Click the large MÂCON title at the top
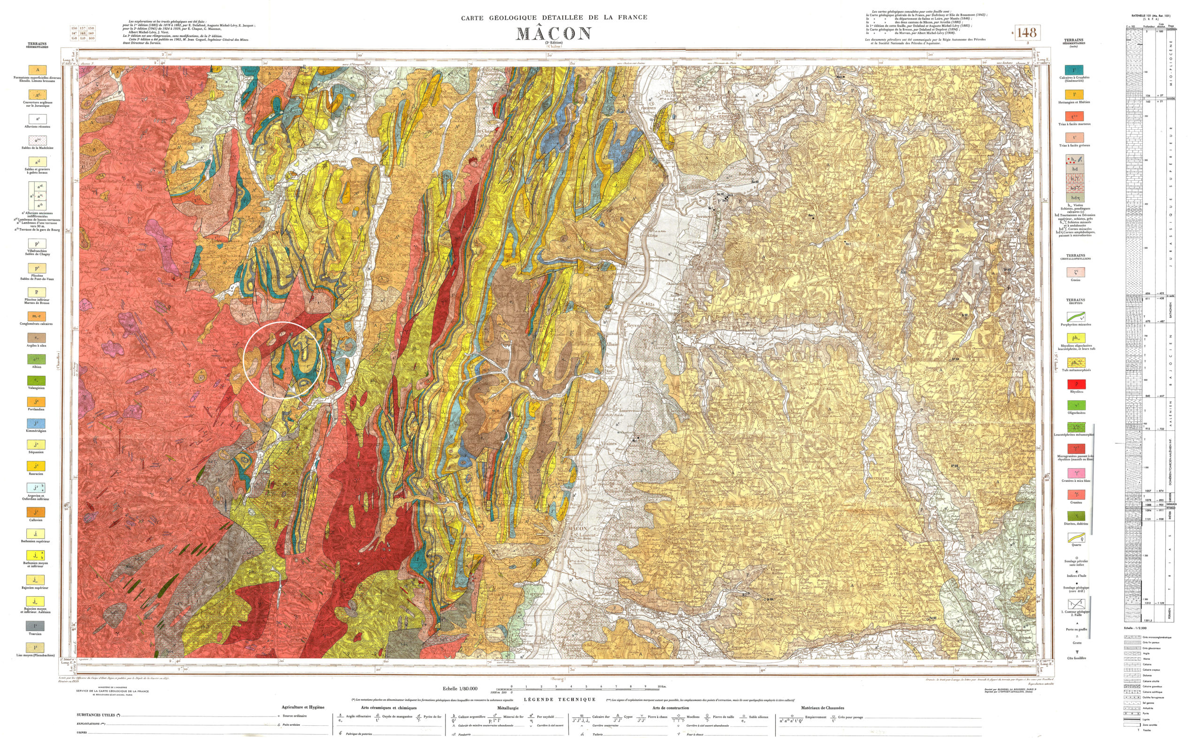click(x=554, y=33)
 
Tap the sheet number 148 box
click(x=1026, y=32)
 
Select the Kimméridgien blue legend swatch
click(x=37, y=423)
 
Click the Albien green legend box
click(x=37, y=359)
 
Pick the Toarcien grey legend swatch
click(x=37, y=626)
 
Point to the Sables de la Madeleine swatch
click(x=37, y=140)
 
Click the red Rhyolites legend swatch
click(x=1076, y=384)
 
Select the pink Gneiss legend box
click(x=1076, y=272)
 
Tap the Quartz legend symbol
click(x=1076, y=538)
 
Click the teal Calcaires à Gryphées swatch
click(x=1074, y=70)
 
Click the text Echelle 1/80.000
click(x=460, y=689)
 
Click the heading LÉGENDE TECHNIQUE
click(x=560, y=699)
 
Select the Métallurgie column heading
click(x=508, y=708)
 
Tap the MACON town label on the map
click(x=578, y=528)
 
